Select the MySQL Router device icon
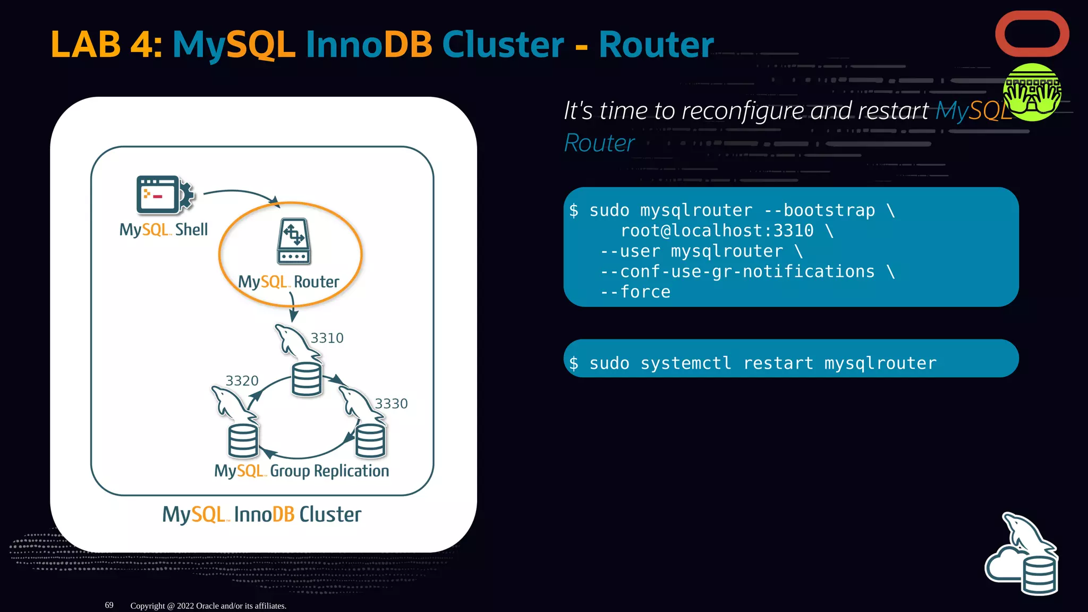point(293,241)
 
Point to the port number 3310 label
point(327,338)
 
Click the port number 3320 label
point(242,381)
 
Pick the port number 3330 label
point(391,404)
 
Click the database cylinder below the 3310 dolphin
point(307,379)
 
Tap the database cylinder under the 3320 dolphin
point(243,441)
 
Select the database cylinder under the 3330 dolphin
point(370,441)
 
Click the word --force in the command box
point(635,292)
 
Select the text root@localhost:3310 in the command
point(717,231)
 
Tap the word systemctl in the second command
point(685,363)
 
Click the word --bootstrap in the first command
point(819,210)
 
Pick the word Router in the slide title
point(656,44)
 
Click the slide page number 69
point(109,605)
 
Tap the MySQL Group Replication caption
point(301,471)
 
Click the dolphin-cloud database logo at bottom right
point(1023,555)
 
